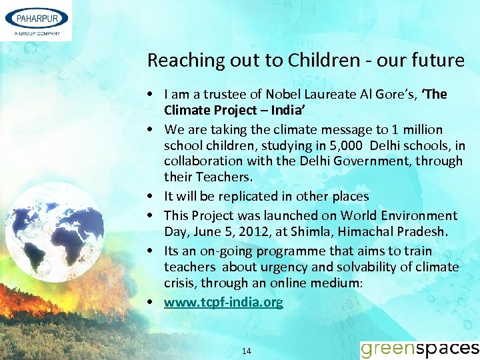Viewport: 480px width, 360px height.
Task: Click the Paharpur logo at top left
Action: (x=36, y=20)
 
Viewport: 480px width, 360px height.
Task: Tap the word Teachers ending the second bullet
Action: (x=223, y=177)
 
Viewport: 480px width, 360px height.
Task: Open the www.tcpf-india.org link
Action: (x=223, y=302)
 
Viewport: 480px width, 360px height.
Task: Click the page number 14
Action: (x=247, y=351)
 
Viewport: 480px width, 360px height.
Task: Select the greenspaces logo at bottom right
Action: (x=419, y=348)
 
